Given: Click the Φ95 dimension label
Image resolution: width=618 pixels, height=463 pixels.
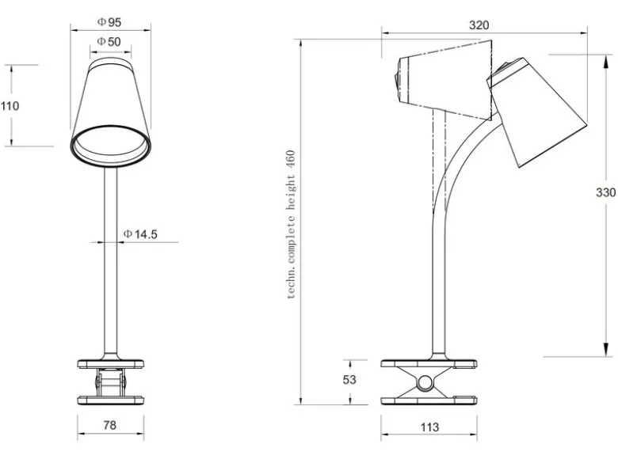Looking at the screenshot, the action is pos(109,22).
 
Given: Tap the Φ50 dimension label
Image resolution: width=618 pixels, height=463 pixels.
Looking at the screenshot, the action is pos(109,41).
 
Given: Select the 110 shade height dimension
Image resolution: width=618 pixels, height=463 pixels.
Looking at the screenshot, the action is pos(10,105).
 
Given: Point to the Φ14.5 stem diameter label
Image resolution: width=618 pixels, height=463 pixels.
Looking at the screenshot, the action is pos(140,234).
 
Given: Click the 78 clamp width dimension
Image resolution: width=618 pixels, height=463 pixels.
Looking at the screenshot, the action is pos(110,425).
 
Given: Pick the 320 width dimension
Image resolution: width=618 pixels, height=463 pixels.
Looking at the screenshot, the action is pos(479,25).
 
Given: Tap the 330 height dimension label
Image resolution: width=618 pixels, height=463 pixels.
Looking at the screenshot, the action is pos(605,192).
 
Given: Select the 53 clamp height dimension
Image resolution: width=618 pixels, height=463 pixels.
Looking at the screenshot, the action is pos(349,380).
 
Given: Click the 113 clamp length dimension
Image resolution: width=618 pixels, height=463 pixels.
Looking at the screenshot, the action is pos(429,427).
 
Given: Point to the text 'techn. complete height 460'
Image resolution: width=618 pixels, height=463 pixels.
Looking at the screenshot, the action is pos(292,225).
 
